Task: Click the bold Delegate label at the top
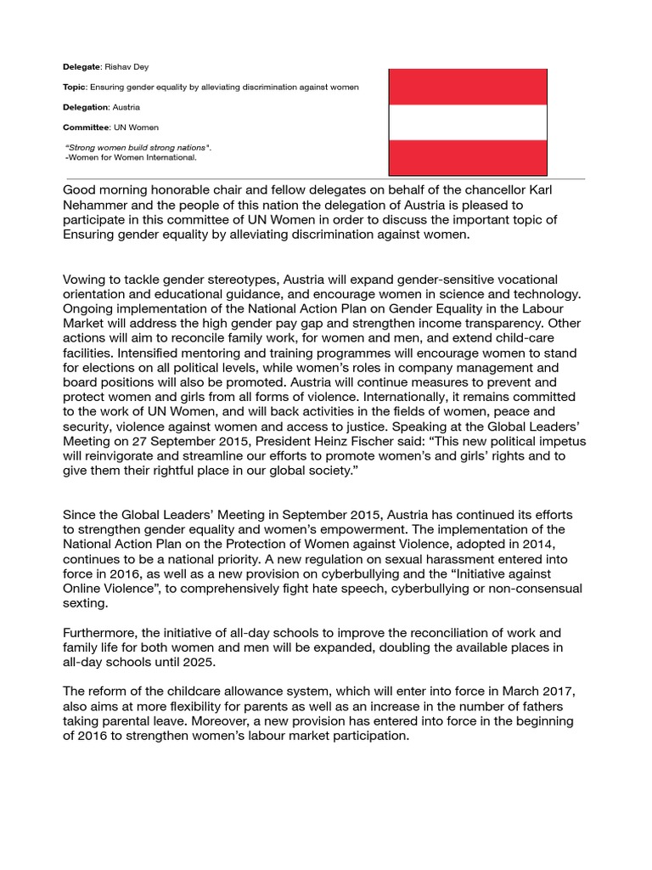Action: pyautogui.click(x=81, y=65)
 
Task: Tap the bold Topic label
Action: pyautogui.click(x=76, y=87)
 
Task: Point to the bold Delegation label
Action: pyautogui.click(x=86, y=108)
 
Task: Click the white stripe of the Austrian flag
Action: pyautogui.click(x=468, y=121)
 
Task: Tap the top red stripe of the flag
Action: pyautogui.click(x=468, y=87)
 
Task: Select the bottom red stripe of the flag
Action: pyautogui.click(x=468, y=157)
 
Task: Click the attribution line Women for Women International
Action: pyautogui.click(x=132, y=157)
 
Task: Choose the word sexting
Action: pyautogui.click(x=87, y=603)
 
